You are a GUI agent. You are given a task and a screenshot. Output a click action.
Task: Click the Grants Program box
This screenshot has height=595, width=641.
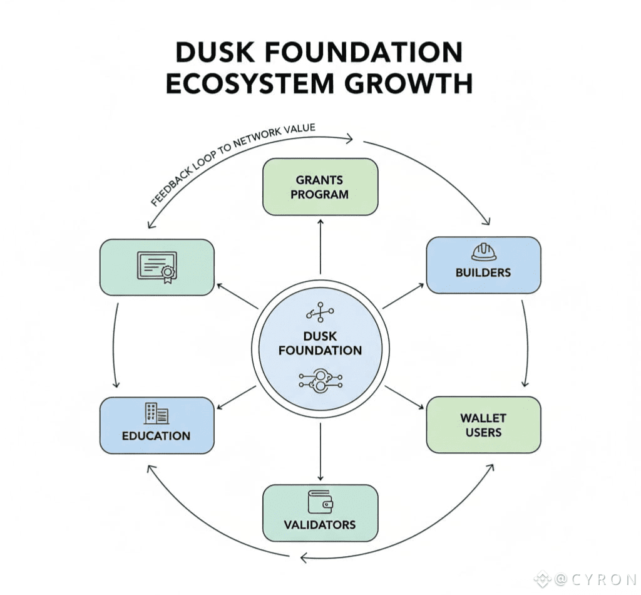coord(320,187)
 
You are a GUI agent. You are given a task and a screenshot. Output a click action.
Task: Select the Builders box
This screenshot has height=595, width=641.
coord(483,264)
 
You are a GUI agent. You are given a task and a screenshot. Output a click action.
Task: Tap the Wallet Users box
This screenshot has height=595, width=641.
coord(483,425)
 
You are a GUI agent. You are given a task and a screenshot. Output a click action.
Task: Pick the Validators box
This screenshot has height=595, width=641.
coord(320,513)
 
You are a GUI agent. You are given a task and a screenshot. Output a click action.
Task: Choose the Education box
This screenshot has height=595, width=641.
coord(156,425)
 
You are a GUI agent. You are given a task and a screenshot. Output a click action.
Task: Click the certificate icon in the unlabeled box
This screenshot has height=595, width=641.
coord(156,267)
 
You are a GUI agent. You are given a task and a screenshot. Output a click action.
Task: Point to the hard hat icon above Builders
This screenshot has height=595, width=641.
coord(483,252)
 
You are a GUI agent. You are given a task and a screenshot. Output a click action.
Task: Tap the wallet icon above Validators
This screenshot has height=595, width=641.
coord(320,501)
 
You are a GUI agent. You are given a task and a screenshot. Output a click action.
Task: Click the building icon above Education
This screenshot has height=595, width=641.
coord(156,413)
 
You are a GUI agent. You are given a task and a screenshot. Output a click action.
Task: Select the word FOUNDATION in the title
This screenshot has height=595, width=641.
coord(356,53)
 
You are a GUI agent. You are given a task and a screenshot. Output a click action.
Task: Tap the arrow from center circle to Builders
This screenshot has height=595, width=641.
coord(403,296)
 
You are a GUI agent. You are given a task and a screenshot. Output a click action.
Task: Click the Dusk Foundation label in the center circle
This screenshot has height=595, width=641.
coord(320,343)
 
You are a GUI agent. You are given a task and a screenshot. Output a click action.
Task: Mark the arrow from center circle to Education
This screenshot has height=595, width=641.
coord(235,399)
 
